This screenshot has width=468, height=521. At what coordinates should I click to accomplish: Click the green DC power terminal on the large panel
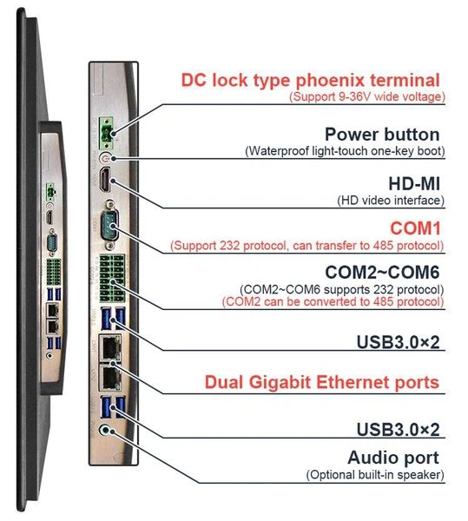(107, 133)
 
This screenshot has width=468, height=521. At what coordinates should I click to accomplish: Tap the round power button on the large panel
(105, 158)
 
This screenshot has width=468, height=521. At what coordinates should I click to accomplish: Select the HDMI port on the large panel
(105, 180)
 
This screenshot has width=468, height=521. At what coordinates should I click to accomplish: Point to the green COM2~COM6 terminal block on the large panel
(112, 278)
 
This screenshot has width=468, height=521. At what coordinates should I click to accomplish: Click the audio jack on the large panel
(105, 431)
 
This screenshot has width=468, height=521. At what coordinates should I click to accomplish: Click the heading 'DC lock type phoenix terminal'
(310, 81)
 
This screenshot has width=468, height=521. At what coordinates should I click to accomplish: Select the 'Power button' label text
(382, 135)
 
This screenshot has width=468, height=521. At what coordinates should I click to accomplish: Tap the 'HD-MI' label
(414, 184)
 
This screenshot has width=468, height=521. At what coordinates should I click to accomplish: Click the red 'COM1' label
(415, 228)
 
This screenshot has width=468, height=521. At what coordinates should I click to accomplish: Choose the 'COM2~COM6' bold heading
(382, 272)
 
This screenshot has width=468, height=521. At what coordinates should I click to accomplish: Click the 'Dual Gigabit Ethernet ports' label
(322, 382)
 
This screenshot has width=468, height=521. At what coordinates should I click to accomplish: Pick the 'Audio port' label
(393, 458)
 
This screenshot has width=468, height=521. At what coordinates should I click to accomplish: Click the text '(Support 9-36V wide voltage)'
(367, 96)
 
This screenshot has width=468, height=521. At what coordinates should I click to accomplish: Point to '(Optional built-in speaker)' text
(375, 474)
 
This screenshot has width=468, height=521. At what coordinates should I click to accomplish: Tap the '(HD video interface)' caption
(391, 201)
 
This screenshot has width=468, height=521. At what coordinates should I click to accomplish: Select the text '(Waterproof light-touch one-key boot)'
(345, 151)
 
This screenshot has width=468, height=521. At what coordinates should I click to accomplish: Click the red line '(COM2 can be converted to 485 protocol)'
(333, 301)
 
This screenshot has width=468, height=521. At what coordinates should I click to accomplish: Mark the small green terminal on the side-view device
(50, 191)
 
